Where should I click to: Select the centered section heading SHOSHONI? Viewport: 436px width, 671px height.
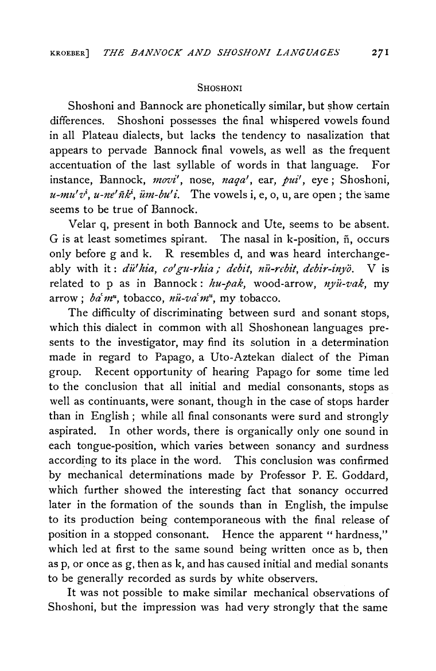tap(218, 87)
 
